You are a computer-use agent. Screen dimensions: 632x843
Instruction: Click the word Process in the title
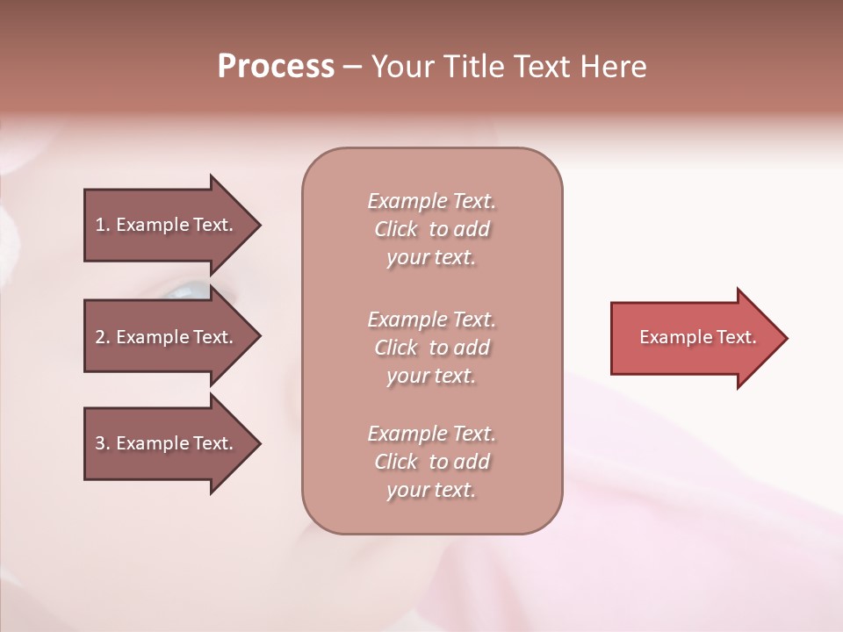[x=276, y=67]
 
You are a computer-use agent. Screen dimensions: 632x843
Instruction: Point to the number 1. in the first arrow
[x=103, y=225]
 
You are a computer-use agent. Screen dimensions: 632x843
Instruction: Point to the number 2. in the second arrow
[x=103, y=337]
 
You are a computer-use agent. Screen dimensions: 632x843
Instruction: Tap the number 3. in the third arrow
[x=103, y=443]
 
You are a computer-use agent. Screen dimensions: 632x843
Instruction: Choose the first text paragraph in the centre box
[x=431, y=229]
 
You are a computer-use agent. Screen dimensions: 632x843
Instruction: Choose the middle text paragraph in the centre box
[x=431, y=348]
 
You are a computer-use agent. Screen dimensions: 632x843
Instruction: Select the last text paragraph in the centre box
[x=431, y=462]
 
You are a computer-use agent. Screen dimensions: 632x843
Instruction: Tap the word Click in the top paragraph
[x=396, y=229]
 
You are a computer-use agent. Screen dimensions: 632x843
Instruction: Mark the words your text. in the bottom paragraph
[x=431, y=490]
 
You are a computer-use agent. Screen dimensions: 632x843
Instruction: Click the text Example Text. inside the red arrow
[x=697, y=337]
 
